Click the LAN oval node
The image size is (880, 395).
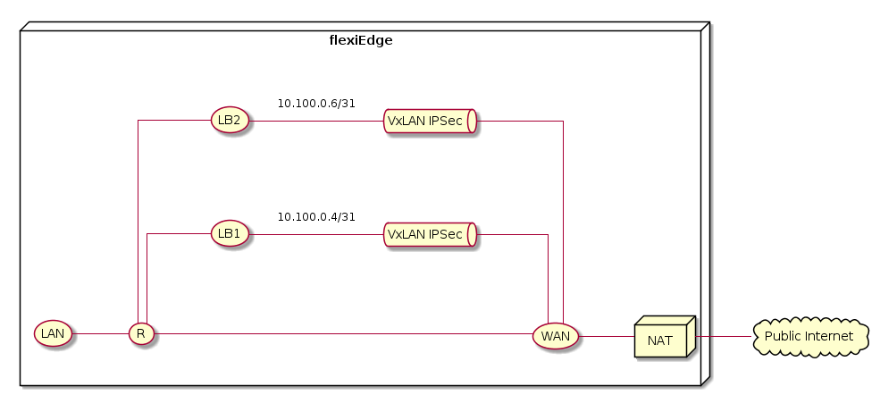[x=54, y=333]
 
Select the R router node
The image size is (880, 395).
[x=141, y=333]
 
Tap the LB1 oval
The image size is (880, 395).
[x=230, y=234]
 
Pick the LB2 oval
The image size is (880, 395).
[x=230, y=120]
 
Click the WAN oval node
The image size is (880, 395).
[x=555, y=336]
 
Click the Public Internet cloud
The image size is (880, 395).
[x=810, y=336]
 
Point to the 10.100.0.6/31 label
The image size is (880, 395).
[x=316, y=104]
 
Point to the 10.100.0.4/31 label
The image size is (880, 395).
[x=316, y=217]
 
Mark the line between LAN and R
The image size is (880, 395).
[x=100, y=333]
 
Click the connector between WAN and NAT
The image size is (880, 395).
[x=606, y=336]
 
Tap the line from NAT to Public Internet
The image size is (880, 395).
[x=725, y=336]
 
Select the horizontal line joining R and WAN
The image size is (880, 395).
[x=344, y=333]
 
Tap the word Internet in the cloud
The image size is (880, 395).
[x=835, y=336]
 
